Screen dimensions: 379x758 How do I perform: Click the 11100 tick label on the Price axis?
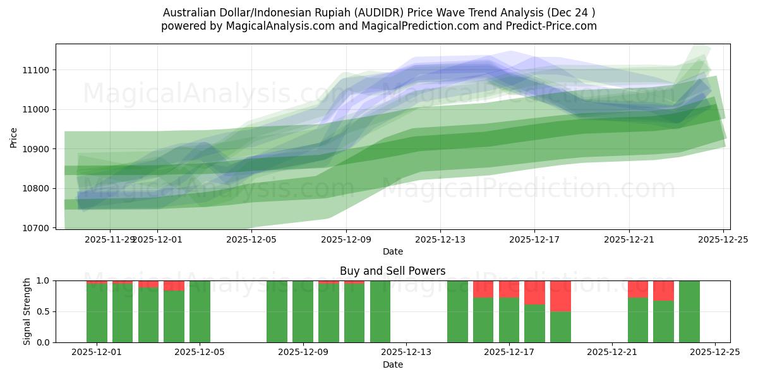tap(39, 70)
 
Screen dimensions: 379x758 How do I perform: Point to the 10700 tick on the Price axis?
tap(39, 228)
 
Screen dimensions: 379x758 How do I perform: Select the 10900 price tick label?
tap(39, 149)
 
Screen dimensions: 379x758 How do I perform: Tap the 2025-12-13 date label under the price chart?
tap(440, 239)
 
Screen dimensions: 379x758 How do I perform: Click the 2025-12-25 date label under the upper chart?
tap(723, 239)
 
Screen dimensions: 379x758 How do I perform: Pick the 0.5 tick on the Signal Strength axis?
tap(44, 311)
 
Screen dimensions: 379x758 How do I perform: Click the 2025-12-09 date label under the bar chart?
tap(303, 352)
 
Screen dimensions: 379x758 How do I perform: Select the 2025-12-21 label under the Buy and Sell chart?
tap(612, 352)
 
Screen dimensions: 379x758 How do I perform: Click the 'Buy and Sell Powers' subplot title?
tap(392, 271)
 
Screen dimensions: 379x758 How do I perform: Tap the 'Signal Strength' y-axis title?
tap(27, 311)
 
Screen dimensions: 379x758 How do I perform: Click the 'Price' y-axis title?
tap(14, 136)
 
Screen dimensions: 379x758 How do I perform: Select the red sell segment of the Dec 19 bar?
tap(560, 296)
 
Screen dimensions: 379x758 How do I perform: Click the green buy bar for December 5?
tap(200, 311)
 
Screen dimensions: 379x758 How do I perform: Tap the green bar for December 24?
tap(689, 311)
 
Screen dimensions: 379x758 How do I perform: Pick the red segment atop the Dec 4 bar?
tap(174, 286)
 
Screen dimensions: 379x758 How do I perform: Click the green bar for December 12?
tap(380, 311)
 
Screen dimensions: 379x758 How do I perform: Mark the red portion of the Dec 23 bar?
tap(663, 291)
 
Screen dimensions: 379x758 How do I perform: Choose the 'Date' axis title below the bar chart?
tap(392, 364)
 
